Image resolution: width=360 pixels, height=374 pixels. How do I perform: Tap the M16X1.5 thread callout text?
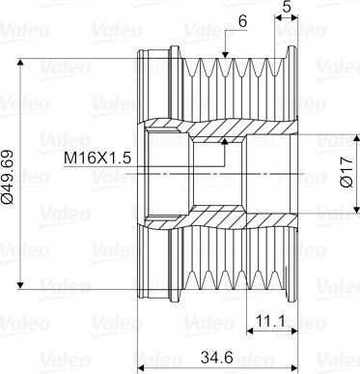97,158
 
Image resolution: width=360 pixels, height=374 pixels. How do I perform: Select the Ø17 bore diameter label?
346,172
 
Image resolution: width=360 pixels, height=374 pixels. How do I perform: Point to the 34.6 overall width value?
217,357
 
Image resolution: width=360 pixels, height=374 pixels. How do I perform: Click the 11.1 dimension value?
270,321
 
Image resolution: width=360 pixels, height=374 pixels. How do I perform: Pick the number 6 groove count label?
242,21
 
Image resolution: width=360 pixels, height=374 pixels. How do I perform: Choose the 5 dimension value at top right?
287,6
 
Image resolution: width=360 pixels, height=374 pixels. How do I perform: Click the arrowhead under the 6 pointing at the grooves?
225,54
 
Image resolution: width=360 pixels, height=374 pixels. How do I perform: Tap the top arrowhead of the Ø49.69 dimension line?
20,62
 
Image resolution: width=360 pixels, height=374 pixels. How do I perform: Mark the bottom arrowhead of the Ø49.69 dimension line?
20,285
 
